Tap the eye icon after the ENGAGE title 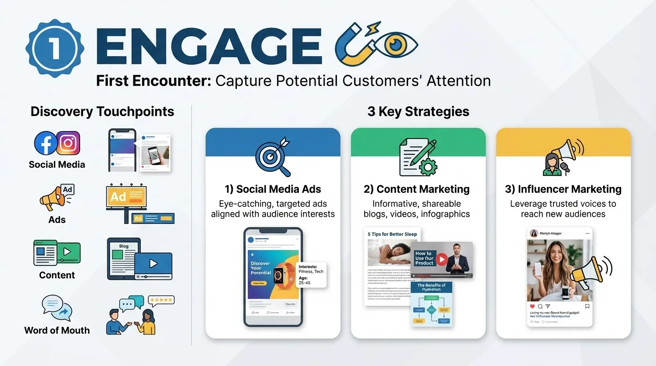pyautogui.click(x=395, y=45)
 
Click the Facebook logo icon pyautogui.click(x=46, y=143)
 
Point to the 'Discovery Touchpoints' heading pyautogui.click(x=102, y=112)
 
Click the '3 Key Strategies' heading pyautogui.click(x=418, y=112)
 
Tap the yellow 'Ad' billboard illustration pyautogui.click(x=126, y=197)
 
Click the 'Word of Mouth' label pyautogui.click(x=57, y=330)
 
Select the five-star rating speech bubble pyautogui.click(x=161, y=300)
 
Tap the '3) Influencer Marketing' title pyautogui.click(x=563, y=189)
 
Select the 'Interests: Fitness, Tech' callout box pyautogui.click(x=311, y=274)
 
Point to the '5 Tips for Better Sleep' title pyautogui.click(x=392, y=234)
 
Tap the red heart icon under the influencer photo pyautogui.click(x=533, y=306)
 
